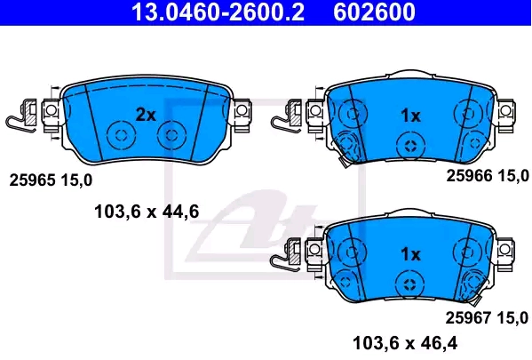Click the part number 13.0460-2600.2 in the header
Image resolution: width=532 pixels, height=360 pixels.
[218, 12]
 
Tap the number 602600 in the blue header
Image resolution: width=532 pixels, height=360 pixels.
[374, 12]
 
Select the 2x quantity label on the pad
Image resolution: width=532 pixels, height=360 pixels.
[146, 115]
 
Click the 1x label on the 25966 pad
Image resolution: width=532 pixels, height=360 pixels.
[411, 116]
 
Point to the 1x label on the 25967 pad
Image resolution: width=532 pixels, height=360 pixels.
[410, 254]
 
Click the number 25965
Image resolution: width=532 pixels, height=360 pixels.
[32, 180]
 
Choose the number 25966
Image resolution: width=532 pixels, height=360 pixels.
[469, 176]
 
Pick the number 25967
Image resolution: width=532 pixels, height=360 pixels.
[468, 318]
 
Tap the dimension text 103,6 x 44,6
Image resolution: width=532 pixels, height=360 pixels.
[147, 212]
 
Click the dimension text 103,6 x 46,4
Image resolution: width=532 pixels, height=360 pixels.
[405, 343]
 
